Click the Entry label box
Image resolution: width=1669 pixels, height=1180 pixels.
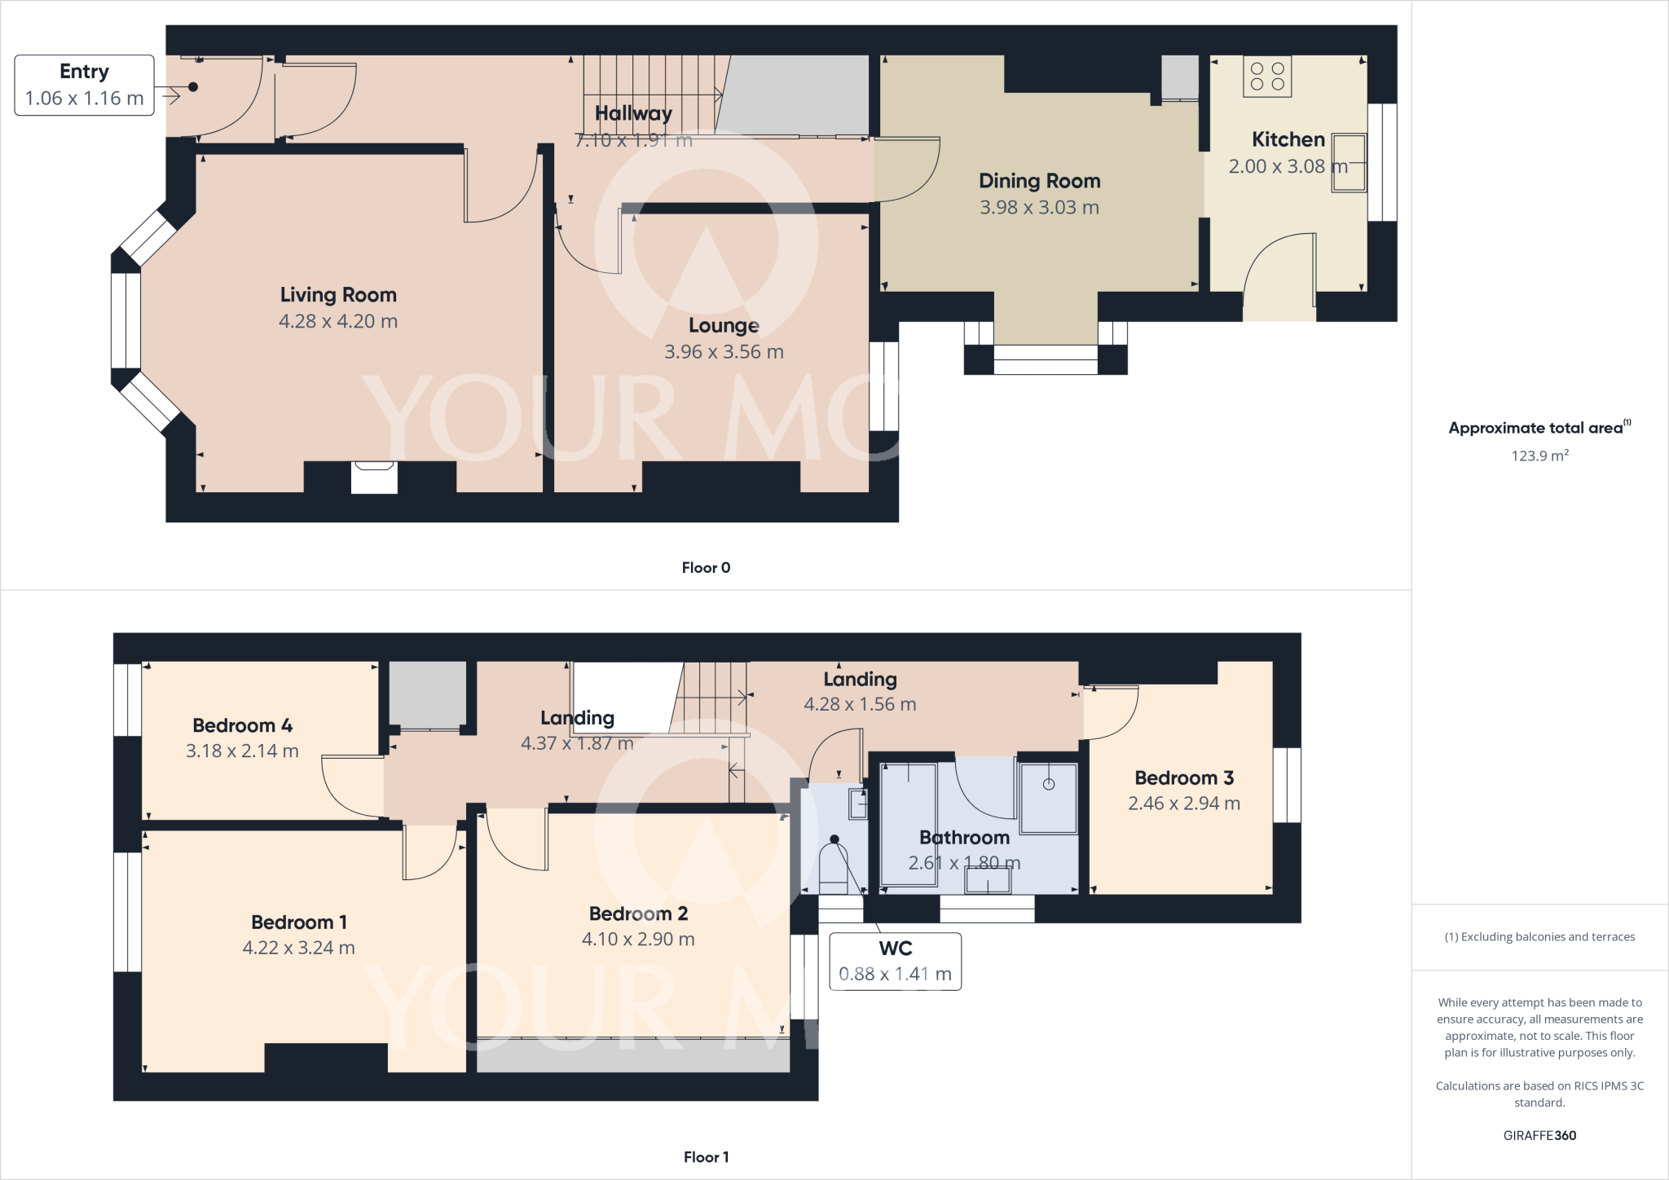pyautogui.click(x=84, y=85)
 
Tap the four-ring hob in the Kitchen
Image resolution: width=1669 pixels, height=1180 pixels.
pyautogui.click(x=1266, y=77)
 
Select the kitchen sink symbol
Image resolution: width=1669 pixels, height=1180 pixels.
pyautogui.click(x=1349, y=163)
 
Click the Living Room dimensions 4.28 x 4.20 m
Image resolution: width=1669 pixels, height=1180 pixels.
pyautogui.click(x=338, y=321)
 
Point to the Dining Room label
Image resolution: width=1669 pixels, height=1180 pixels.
pyautogui.click(x=1039, y=181)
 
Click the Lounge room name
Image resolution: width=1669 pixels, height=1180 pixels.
pyautogui.click(x=724, y=326)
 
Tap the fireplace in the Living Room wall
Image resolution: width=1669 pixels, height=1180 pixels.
pyautogui.click(x=374, y=477)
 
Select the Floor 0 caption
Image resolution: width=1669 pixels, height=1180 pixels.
pyautogui.click(x=706, y=568)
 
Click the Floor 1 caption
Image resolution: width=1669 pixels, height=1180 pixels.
pyautogui.click(x=706, y=1157)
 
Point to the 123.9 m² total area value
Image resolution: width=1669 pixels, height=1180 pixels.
pyautogui.click(x=1539, y=456)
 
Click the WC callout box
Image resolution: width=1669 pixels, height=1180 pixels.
pyautogui.click(x=895, y=961)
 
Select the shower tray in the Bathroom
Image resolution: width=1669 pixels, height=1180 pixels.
pyautogui.click(x=1049, y=799)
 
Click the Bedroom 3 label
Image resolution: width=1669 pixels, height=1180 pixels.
pyautogui.click(x=1183, y=778)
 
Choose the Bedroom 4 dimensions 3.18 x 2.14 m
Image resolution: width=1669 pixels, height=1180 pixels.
pyautogui.click(x=242, y=751)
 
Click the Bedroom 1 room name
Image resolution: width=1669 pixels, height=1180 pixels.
pyautogui.click(x=298, y=922)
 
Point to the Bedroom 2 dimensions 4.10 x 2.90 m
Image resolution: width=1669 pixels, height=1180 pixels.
pyautogui.click(x=638, y=940)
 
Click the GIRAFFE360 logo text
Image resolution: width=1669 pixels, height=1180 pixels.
pyautogui.click(x=1539, y=1136)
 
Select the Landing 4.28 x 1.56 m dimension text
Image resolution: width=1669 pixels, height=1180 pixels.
pyautogui.click(x=860, y=704)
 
